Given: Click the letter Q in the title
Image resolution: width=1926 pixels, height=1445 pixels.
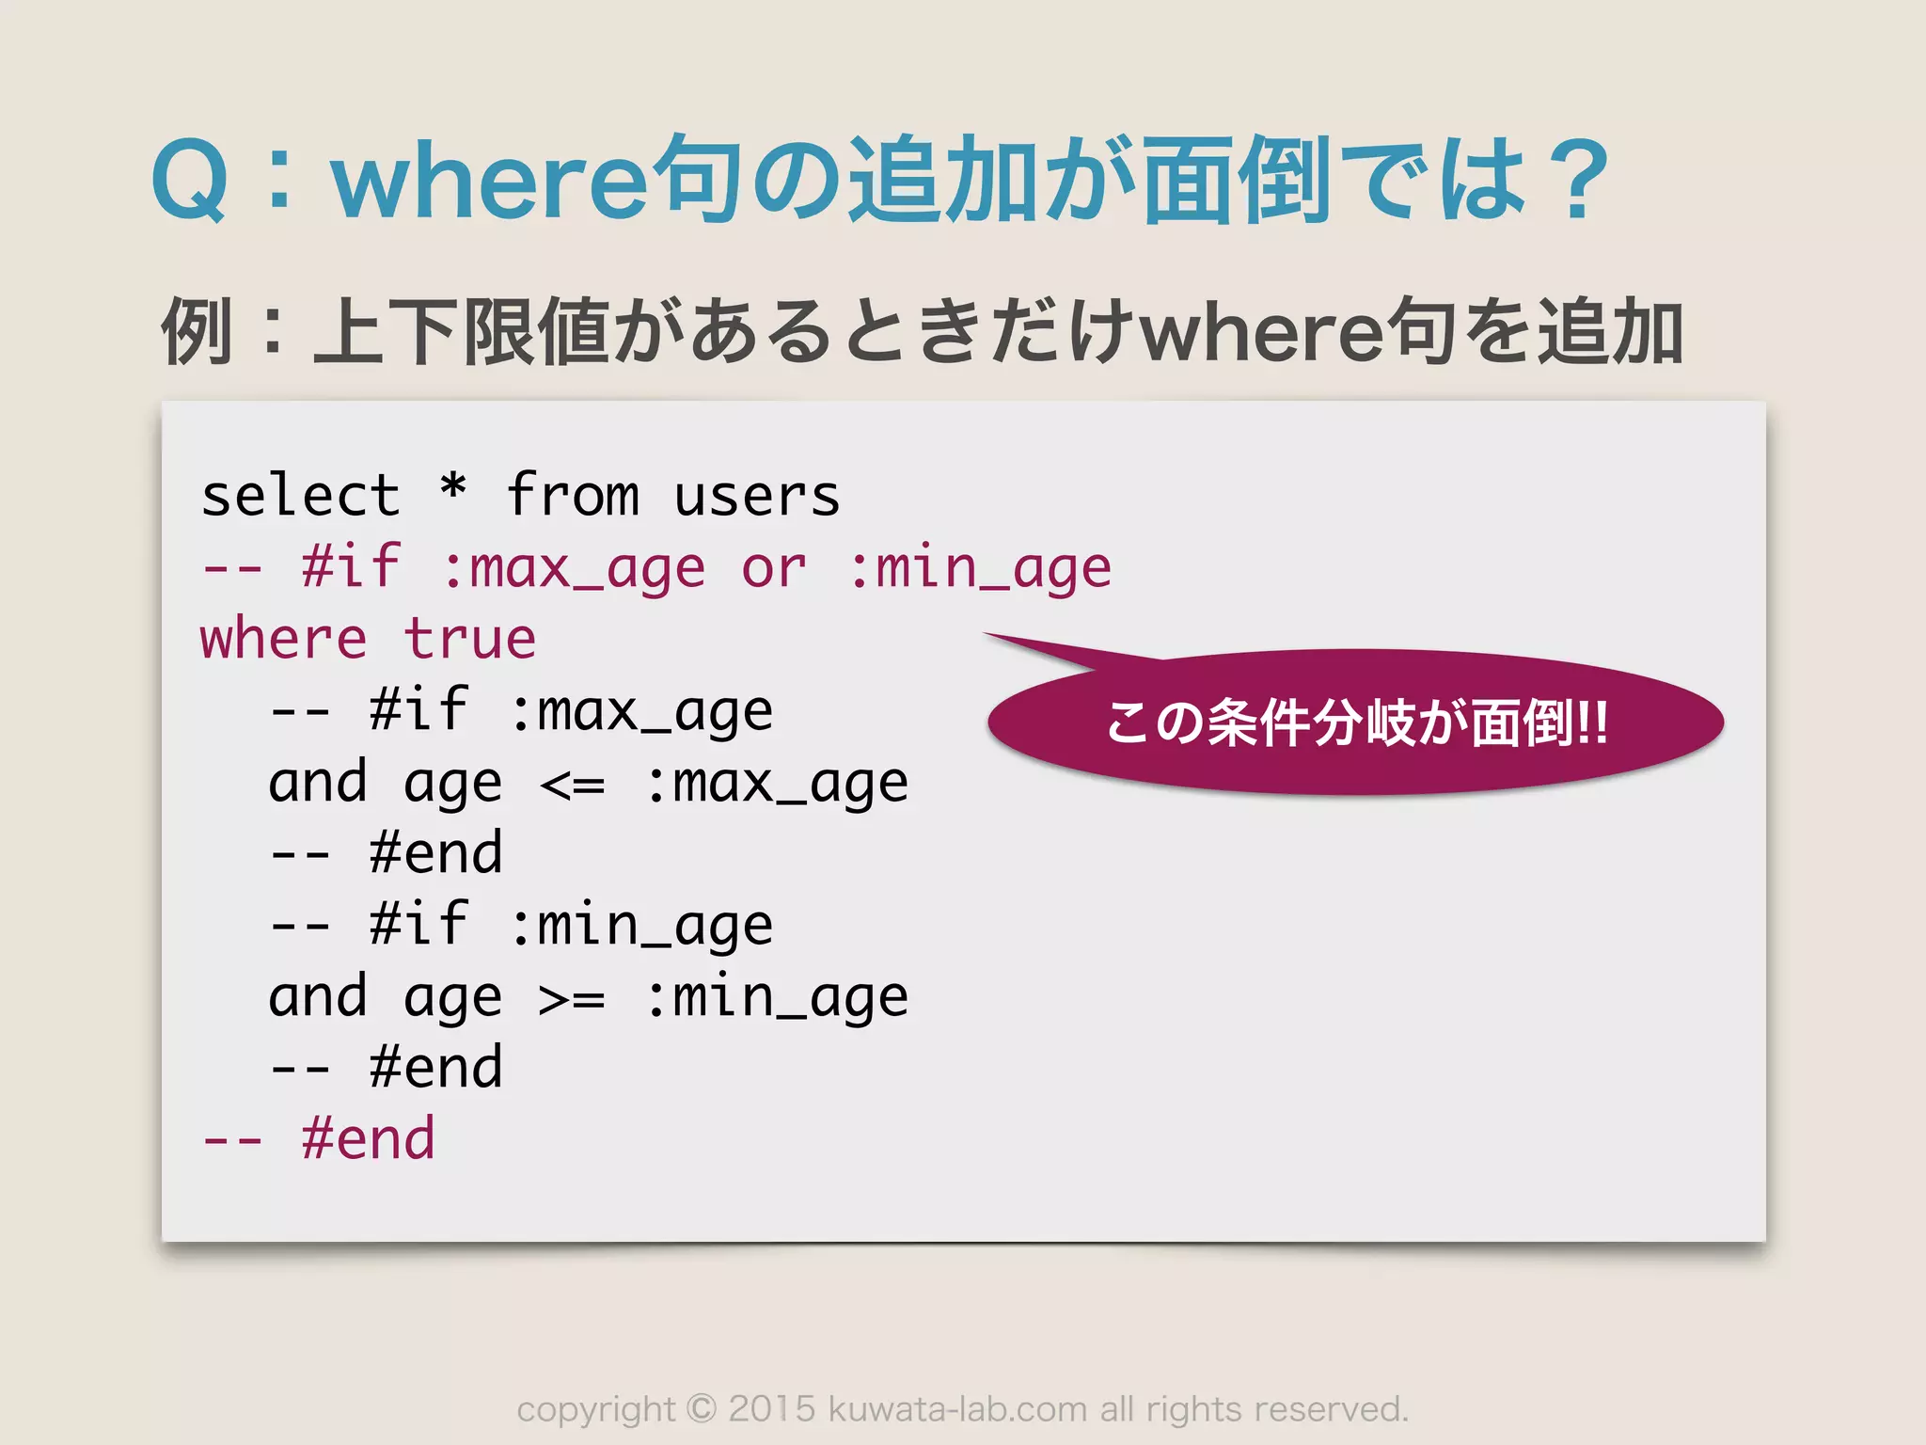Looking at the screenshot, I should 190,181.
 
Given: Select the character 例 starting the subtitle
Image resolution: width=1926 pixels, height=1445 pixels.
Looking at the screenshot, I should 197,331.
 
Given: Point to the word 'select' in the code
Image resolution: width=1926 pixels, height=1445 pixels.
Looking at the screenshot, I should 301,496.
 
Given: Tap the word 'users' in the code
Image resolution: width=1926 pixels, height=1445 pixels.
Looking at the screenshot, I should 757,496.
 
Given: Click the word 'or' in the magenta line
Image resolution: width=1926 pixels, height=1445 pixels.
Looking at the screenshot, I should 774,568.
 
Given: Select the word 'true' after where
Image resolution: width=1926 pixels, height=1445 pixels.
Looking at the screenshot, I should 470,640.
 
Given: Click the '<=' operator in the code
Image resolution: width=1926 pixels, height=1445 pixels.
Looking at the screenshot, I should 573,784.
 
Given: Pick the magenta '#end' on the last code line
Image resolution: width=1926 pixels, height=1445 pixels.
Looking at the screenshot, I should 369,1139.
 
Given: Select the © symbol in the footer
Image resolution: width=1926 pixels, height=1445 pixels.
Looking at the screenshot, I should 701,1409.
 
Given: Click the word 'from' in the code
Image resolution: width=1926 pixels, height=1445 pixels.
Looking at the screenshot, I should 573,496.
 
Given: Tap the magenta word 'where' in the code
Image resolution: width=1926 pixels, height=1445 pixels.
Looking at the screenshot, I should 283,640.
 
